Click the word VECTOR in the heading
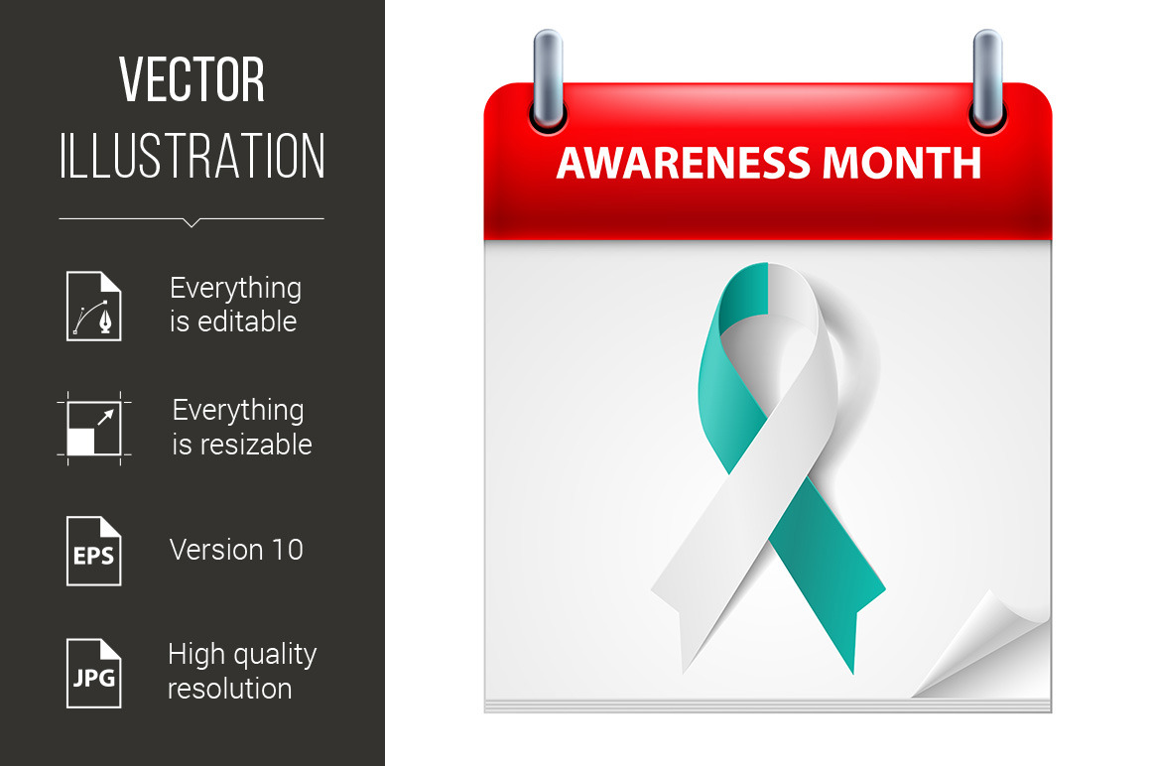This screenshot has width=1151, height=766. (x=192, y=79)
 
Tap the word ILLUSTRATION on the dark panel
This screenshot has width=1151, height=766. (x=192, y=156)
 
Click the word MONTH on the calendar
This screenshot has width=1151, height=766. (x=901, y=163)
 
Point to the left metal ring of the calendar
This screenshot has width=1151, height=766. (x=548, y=79)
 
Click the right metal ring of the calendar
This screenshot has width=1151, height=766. (x=987, y=79)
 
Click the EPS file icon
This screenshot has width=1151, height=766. (x=94, y=551)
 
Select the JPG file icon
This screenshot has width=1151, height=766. (x=94, y=673)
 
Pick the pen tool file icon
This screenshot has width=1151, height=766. (x=94, y=306)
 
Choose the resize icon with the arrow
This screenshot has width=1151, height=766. (x=94, y=429)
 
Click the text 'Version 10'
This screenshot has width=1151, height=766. (x=236, y=550)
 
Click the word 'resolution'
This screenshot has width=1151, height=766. (x=230, y=689)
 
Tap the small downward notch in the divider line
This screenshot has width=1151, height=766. (x=192, y=222)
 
